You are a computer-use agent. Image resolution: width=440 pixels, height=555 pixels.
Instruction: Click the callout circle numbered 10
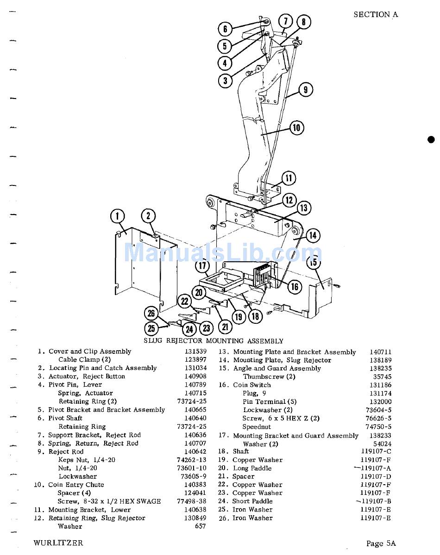(296, 128)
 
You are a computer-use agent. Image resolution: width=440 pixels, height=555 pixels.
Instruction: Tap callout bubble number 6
(225, 30)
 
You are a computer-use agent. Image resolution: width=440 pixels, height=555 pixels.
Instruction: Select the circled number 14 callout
(313, 235)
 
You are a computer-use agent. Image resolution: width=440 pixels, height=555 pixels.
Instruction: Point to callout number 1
(118, 216)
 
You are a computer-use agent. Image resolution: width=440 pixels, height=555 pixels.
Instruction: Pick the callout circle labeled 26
(151, 314)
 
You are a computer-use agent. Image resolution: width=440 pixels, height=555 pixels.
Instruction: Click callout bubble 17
(202, 266)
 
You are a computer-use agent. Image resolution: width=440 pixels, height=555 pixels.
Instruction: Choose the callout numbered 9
(306, 89)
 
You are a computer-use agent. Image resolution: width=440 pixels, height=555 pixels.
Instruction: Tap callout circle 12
(289, 200)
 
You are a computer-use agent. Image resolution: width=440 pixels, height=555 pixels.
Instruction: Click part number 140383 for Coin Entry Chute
(195, 485)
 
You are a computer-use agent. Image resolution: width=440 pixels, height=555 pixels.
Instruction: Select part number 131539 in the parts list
(195, 351)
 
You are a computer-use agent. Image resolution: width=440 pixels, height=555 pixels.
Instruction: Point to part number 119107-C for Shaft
(376, 451)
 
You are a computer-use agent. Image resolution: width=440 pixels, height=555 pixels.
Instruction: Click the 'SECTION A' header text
(375, 14)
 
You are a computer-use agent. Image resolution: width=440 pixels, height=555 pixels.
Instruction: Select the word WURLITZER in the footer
(58, 543)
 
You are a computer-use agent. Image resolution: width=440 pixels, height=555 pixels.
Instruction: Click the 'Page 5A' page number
(381, 543)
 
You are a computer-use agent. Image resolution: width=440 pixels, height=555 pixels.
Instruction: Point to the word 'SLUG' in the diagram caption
(153, 341)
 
